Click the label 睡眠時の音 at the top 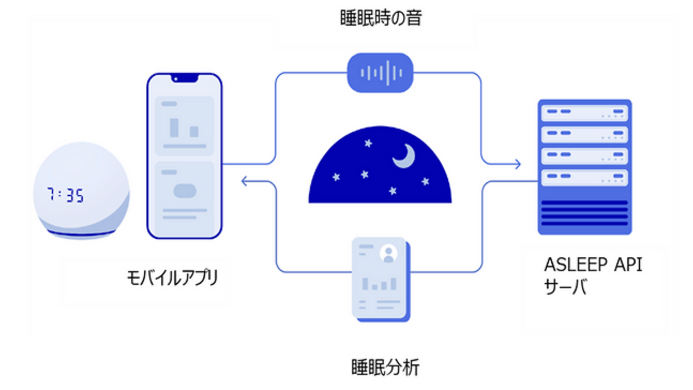pyautogui.click(x=381, y=18)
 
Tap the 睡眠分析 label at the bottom pyautogui.click(x=385, y=367)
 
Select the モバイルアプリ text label pyautogui.click(x=173, y=278)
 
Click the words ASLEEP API pyautogui.click(x=593, y=265)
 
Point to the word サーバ pyautogui.click(x=565, y=287)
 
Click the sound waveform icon pyautogui.click(x=380, y=73)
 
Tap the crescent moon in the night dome pyautogui.click(x=404, y=155)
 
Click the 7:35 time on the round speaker pyautogui.click(x=66, y=195)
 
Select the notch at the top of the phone pyautogui.click(x=185, y=78)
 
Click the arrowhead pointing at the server pyautogui.click(x=518, y=164)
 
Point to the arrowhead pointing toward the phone pyautogui.click(x=244, y=181)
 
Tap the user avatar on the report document pyautogui.click(x=388, y=253)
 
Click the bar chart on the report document pyautogui.click(x=380, y=283)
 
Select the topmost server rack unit pyautogui.click(x=584, y=113)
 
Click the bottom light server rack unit pyautogui.click(x=584, y=178)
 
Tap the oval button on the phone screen pyautogui.click(x=185, y=191)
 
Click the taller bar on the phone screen pyautogui.click(x=174, y=127)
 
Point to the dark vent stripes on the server pyautogui.click(x=584, y=213)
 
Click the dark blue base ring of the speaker pyautogui.click(x=81, y=233)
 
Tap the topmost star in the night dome pyautogui.click(x=368, y=144)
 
